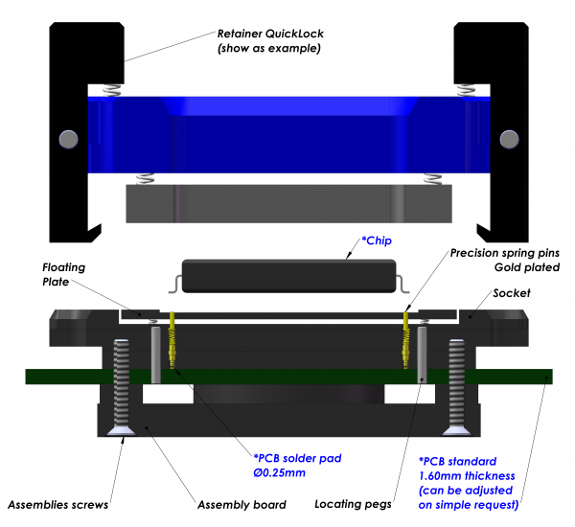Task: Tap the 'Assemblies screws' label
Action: point(57,504)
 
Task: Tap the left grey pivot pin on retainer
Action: point(68,138)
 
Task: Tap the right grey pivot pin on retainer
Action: point(507,138)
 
